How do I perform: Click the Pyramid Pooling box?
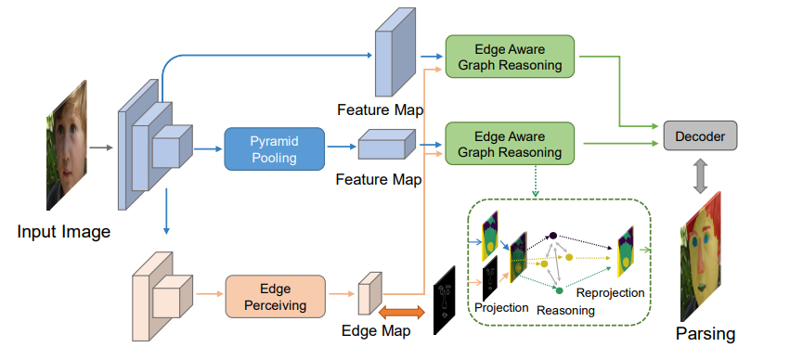[274, 148]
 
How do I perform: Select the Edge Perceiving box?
[276, 296]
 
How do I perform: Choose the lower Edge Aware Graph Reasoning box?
[509, 140]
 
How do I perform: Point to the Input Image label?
[63, 231]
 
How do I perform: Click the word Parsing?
[706, 333]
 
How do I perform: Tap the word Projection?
[502, 307]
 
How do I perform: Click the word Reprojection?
[610, 292]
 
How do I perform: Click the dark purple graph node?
[552, 237]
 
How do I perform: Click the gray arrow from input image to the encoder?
[102, 148]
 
